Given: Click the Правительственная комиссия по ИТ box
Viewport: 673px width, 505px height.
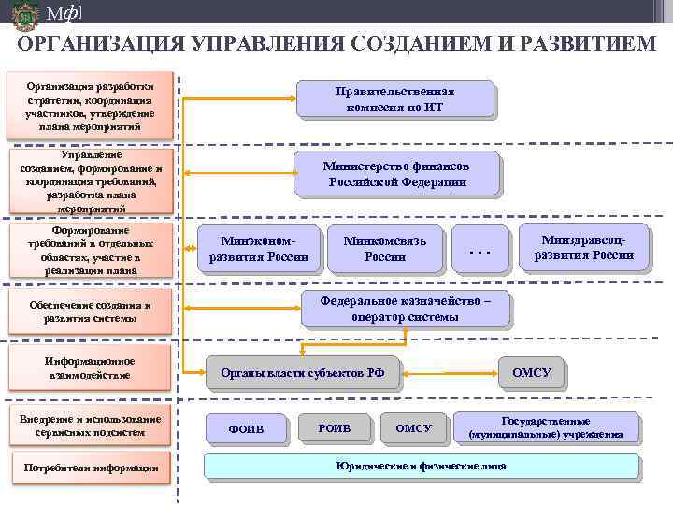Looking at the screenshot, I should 394,99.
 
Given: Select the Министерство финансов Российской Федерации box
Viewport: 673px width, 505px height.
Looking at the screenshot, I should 396,173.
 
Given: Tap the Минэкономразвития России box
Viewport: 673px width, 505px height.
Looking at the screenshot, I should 258,248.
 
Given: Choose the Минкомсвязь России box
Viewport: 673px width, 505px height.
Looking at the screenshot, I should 384,248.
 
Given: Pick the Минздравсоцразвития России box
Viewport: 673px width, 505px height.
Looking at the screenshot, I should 583,247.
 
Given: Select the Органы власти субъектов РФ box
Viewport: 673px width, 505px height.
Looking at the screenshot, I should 302,373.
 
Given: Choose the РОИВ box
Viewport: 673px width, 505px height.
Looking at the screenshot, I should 334,427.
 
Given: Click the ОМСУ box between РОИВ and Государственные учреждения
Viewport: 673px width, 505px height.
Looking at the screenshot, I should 413,427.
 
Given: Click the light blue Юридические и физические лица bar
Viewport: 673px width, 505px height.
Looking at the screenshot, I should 421,466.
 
